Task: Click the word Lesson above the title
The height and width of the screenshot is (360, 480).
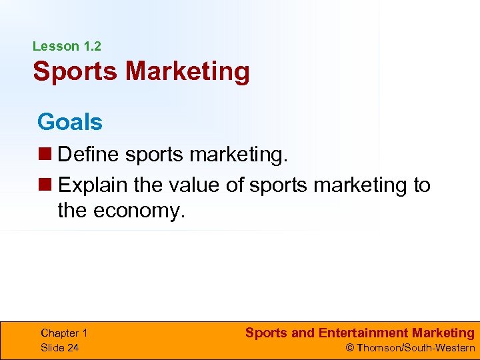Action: pyautogui.click(x=56, y=47)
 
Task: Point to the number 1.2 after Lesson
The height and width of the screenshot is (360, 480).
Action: pyautogui.click(x=91, y=47)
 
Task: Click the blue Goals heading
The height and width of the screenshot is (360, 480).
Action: pyautogui.click(x=70, y=122)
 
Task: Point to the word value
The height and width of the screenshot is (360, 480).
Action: pyautogui.click(x=192, y=185)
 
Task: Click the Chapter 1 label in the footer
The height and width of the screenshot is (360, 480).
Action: pyautogui.click(x=64, y=333)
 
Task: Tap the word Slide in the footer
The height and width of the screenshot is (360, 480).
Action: pyautogui.click(x=52, y=347)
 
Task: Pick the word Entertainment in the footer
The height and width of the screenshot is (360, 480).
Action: pyautogui.click(x=364, y=333)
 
